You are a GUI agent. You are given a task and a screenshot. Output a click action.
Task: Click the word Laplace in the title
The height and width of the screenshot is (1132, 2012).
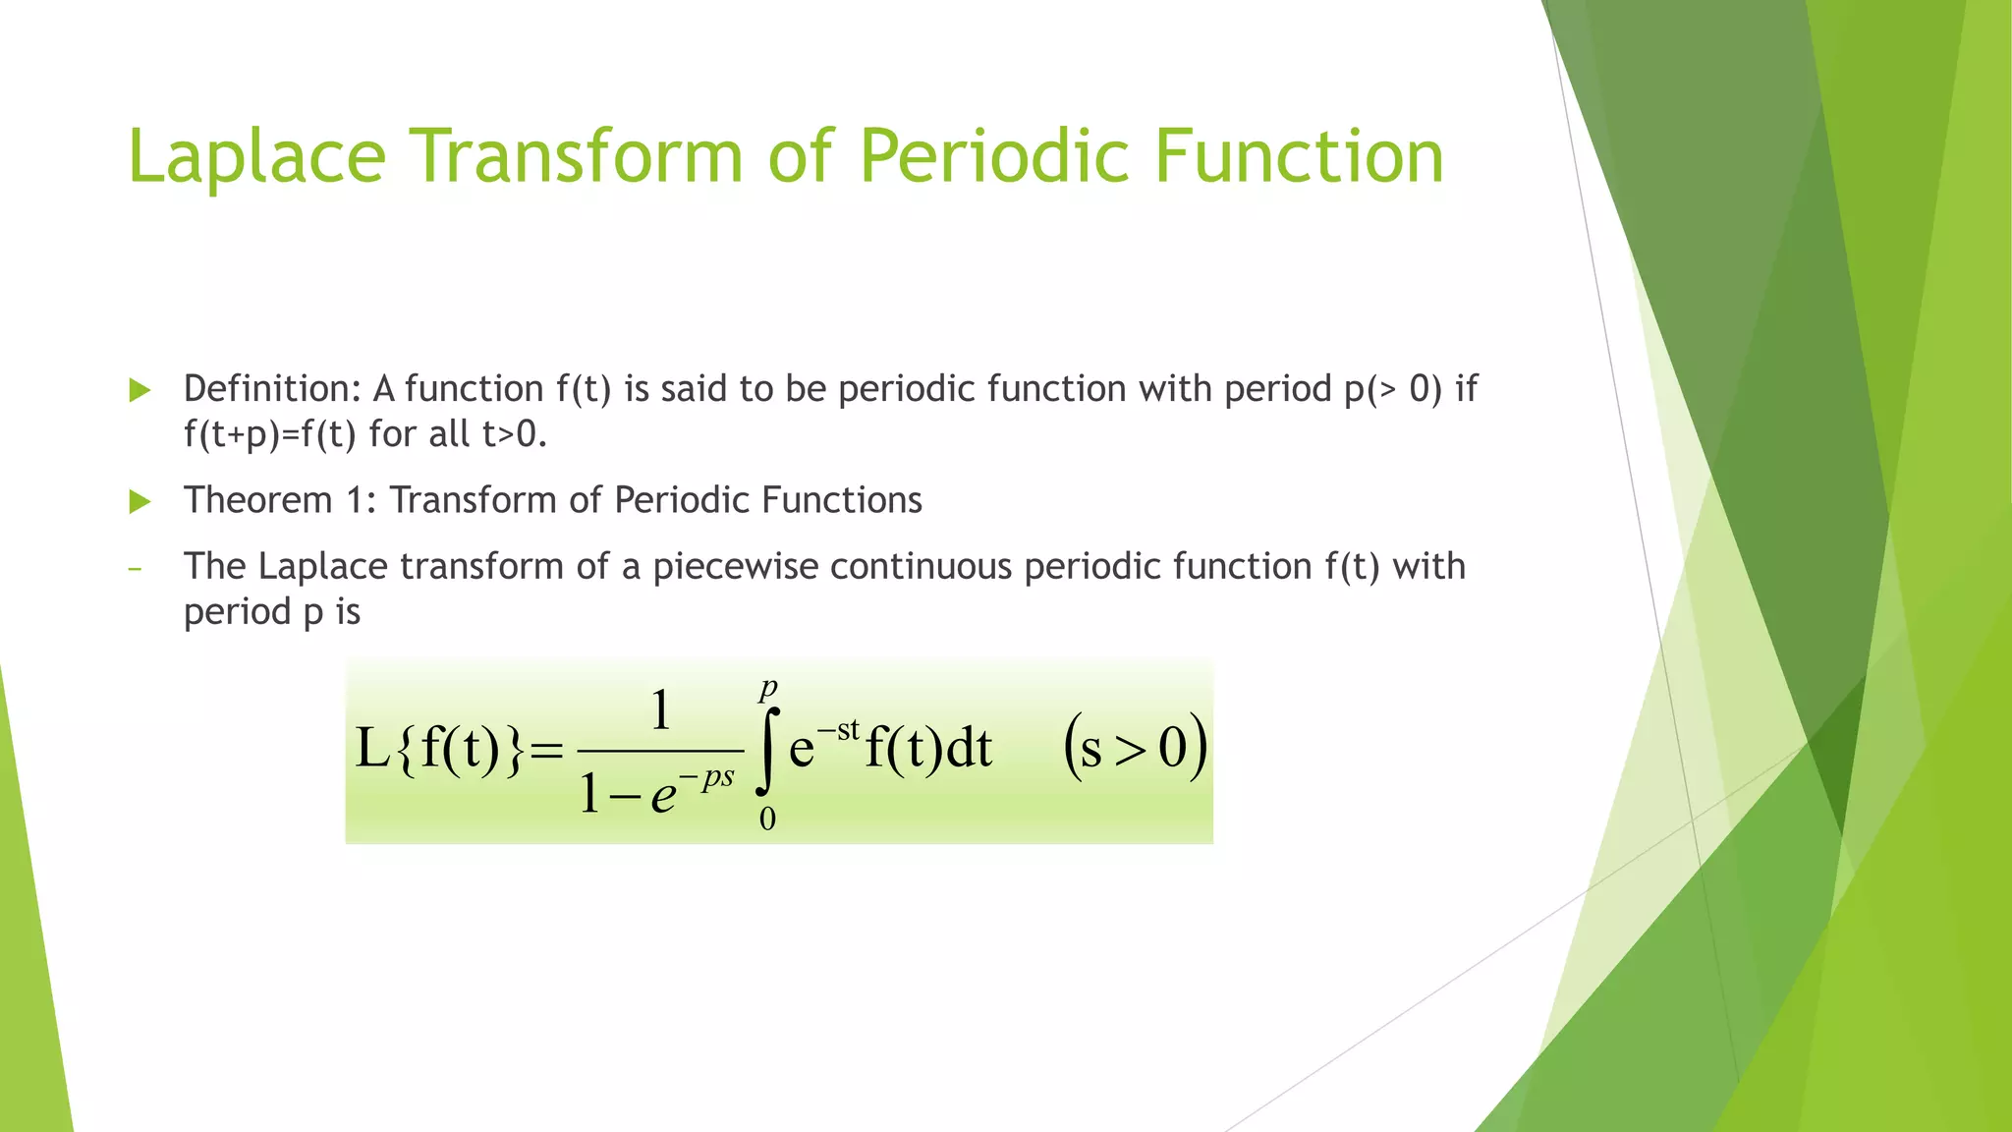coord(256,157)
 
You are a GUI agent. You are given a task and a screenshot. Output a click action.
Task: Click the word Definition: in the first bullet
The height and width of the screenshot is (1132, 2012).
coord(273,390)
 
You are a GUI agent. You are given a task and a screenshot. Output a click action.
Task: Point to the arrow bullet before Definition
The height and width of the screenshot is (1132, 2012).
coord(140,390)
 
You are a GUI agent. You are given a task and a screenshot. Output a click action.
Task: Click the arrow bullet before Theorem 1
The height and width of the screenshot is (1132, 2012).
coord(140,502)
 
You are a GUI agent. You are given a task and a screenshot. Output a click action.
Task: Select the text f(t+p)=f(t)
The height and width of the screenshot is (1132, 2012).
coord(269,434)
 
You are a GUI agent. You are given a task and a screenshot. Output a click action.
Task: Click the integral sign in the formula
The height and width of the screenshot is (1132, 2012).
coord(768,752)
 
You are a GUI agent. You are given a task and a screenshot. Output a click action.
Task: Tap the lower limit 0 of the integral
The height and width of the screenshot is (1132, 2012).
coord(767,819)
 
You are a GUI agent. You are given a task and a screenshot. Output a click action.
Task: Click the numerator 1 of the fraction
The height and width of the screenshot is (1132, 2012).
coord(661,710)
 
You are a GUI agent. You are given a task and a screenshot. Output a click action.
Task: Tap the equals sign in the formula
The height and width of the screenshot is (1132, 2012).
coord(546,752)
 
